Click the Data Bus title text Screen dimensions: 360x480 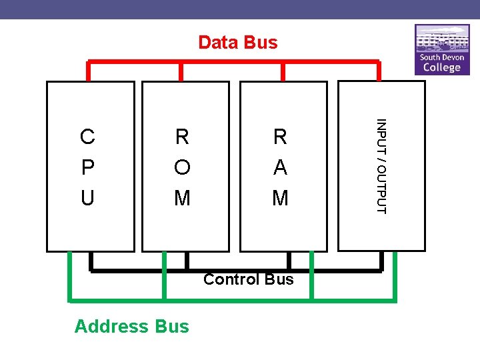click(x=238, y=43)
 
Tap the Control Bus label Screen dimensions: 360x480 click(x=248, y=279)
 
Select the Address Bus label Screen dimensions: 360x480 click(x=132, y=326)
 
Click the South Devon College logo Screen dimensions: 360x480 click(x=442, y=50)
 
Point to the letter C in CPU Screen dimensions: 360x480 click(x=87, y=137)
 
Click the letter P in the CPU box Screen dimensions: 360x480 click(x=87, y=167)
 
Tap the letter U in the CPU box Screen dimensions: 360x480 click(x=87, y=198)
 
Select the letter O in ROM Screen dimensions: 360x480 click(x=182, y=167)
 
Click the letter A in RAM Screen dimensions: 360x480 click(x=280, y=167)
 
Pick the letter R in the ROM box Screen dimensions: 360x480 click(x=182, y=137)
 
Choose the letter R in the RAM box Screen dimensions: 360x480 click(x=280, y=137)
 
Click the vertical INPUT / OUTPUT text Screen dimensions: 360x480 click(x=381, y=166)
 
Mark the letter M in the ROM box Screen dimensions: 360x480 click(x=182, y=198)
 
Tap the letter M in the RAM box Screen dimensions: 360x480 click(x=280, y=198)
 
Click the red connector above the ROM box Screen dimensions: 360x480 click(x=182, y=71)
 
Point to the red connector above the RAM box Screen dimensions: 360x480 click(x=283, y=71)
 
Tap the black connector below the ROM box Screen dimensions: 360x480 click(x=187, y=261)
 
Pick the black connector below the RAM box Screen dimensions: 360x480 click(x=289, y=261)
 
